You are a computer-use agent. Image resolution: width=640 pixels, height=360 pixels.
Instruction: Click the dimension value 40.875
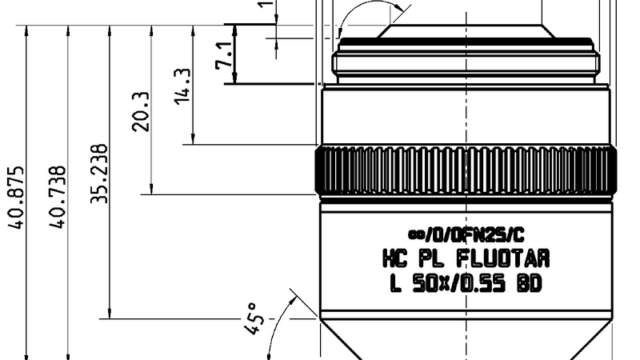[15, 198]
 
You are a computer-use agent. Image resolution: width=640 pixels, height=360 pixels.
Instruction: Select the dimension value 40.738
[57, 198]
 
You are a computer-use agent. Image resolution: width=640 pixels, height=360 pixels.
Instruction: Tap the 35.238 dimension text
[98, 174]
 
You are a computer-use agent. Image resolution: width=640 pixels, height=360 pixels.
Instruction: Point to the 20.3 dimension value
[140, 110]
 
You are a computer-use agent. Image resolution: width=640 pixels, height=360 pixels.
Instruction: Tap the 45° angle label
[252, 318]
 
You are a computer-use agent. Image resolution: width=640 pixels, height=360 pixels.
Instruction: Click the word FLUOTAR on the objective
[502, 259]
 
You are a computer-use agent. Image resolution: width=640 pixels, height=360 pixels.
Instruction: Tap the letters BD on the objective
[530, 283]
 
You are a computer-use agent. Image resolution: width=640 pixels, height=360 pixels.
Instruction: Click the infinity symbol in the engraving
[415, 235]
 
